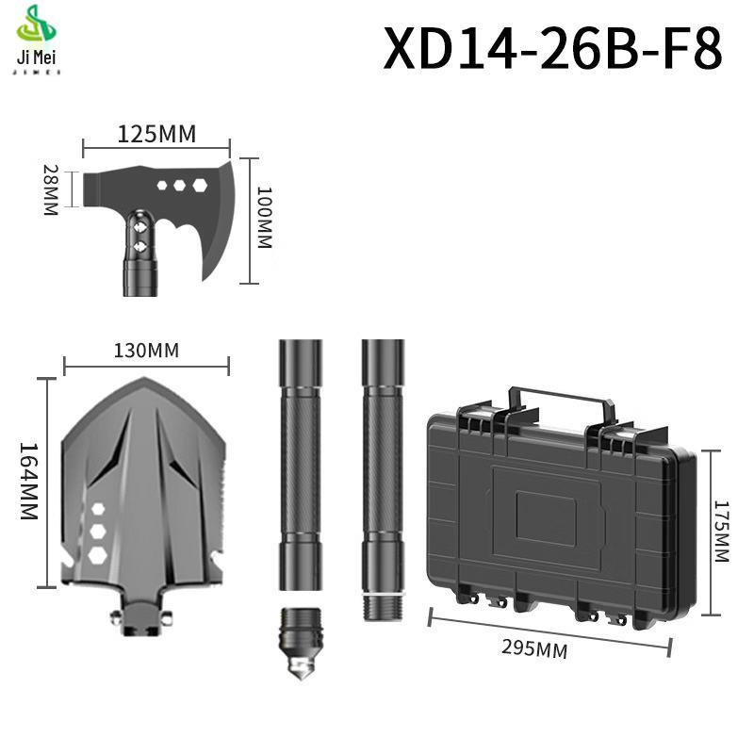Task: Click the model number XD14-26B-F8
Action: pyautogui.click(x=552, y=47)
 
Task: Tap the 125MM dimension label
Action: pyautogui.click(x=156, y=134)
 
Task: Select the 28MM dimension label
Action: pyautogui.click(x=52, y=191)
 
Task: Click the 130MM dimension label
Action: pyautogui.click(x=146, y=351)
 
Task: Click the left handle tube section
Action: pyautogui.click(x=300, y=462)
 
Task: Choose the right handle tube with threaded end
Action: pyautogui.click(x=382, y=471)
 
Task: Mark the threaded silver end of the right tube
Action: pyautogui.click(x=382, y=603)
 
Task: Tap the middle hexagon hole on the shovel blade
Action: pyautogui.click(x=97, y=529)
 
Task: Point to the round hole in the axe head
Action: pyautogui.click(x=162, y=186)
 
